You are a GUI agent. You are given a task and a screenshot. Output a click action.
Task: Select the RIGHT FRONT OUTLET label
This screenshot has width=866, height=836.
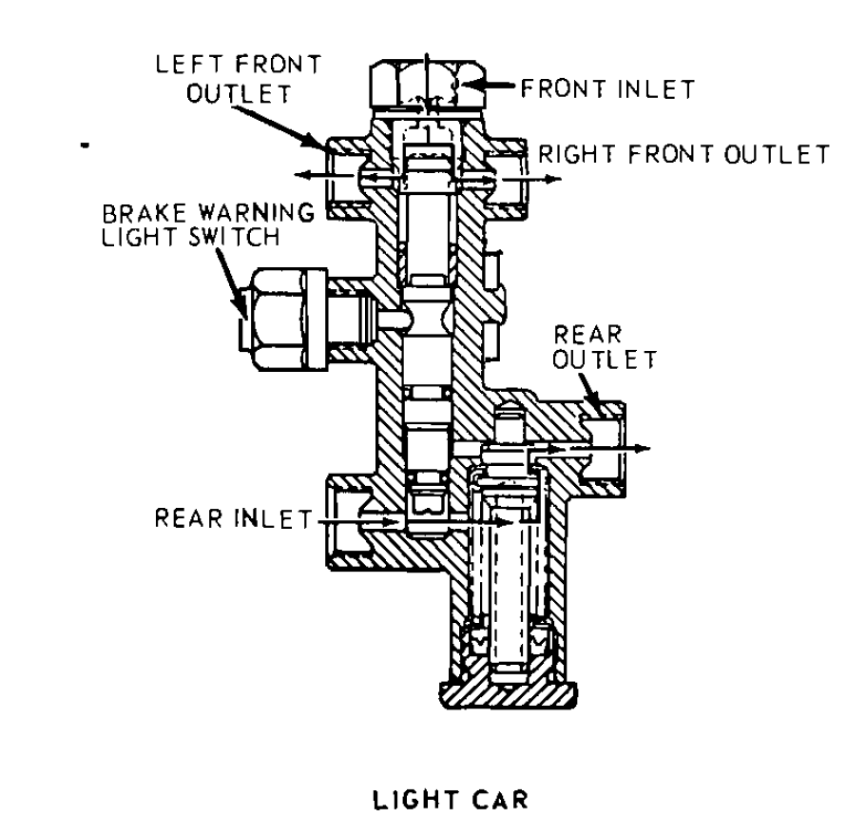click(683, 153)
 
